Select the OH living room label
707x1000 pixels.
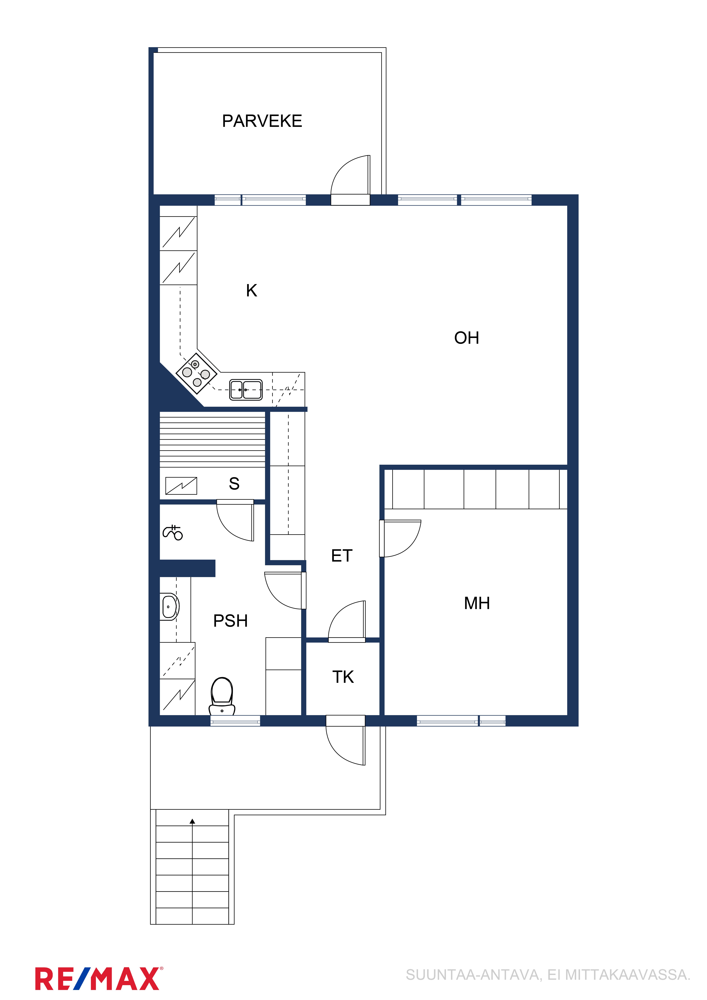point(467,338)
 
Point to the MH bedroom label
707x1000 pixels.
point(477,603)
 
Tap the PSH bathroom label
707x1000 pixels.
point(230,621)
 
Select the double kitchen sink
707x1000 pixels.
point(246,389)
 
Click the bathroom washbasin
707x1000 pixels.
point(169,606)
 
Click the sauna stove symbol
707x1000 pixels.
point(181,486)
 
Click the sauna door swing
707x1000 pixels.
point(235,521)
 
